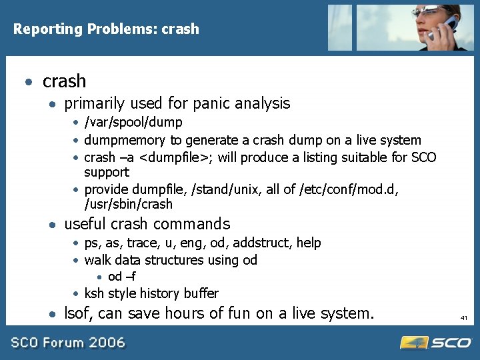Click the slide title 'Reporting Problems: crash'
click(x=106, y=29)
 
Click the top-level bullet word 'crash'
click(x=64, y=81)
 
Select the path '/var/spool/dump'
click(x=133, y=123)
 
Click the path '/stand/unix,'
click(x=227, y=189)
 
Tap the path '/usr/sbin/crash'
click(x=128, y=204)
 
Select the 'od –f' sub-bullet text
click(x=122, y=277)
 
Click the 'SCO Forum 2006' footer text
click(x=67, y=343)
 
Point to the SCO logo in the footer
click(x=435, y=343)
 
